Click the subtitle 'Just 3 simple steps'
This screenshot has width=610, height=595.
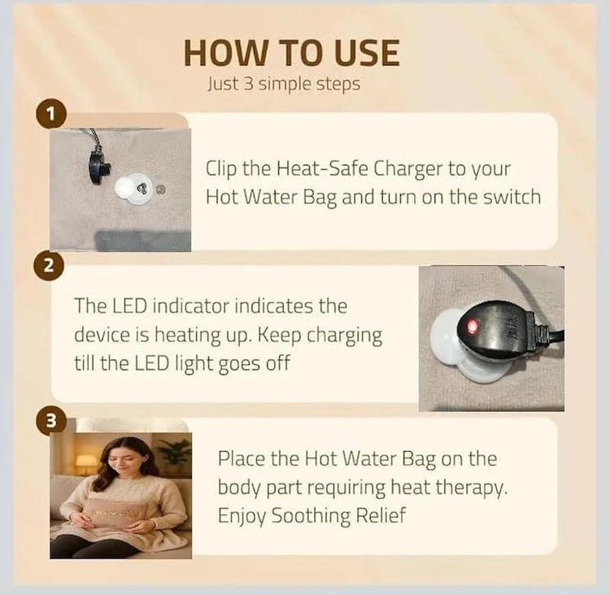284,84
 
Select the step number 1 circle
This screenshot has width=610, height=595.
51,115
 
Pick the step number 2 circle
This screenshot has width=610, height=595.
49,267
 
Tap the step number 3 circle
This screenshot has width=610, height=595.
51,420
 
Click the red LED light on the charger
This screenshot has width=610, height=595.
473,327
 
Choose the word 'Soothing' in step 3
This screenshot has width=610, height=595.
311,516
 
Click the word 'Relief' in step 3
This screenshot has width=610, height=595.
381,515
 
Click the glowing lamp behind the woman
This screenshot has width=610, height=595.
85,461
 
